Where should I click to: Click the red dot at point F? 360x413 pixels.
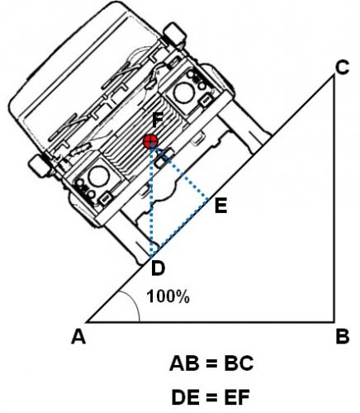pos(150,142)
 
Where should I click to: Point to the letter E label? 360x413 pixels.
pos(220,206)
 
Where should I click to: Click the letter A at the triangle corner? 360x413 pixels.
pos(79,336)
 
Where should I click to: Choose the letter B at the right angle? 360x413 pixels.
pos(342,336)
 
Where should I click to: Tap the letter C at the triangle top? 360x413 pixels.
pos(342,71)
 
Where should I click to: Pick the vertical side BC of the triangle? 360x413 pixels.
pos(334,206)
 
